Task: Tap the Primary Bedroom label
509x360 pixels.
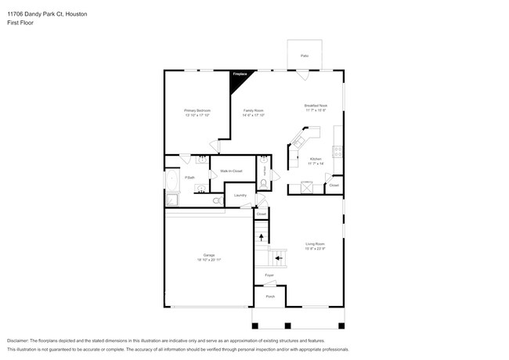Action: pyautogui.click(x=197, y=112)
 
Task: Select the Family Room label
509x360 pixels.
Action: pyautogui.click(x=253, y=112)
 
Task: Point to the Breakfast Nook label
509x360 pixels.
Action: pyautogui.click(x=316, y=107)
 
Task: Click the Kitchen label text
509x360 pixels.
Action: pyautogui.click(x=316, y=160)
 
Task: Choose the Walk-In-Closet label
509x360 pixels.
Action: pyautogui.click(x=231, y=171)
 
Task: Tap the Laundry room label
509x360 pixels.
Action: pyautogui.click(x=240, y=195)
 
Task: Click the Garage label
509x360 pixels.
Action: pyautogui.click(x=209, y=257)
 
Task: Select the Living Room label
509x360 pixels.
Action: pyautogui.click(x=316, y=246)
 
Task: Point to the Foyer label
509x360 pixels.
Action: pyautogui.click(x=269, y=275)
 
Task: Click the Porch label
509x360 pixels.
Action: pyautogui.click(x=269, y=297)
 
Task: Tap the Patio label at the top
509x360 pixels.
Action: pyautogui.click(x=305, y=56)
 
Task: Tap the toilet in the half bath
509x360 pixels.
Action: pyautogui.click(x=264, y=183)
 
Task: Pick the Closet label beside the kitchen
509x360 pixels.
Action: pyautogui.click(x=334, y=185)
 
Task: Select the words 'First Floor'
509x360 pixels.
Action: pyautogui.click(x=20, y=23)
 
